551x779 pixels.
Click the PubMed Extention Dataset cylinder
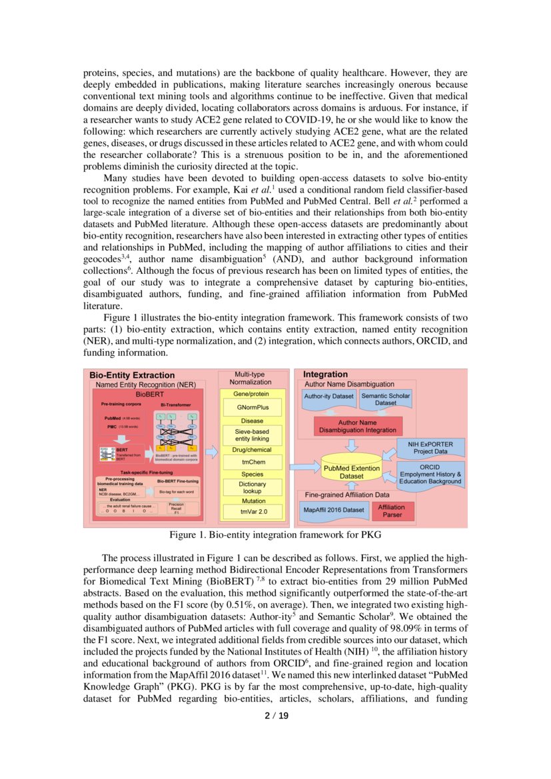[352, 472]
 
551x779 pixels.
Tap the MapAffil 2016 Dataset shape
[334, 510]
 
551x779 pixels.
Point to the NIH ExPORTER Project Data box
[430, 447]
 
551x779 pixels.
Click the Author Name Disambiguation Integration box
[357, 426]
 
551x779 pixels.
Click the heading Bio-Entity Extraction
[132, 375]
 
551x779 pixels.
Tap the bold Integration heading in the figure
[325, 375]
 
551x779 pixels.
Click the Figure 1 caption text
[275, 534]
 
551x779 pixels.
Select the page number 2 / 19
[276, 716]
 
